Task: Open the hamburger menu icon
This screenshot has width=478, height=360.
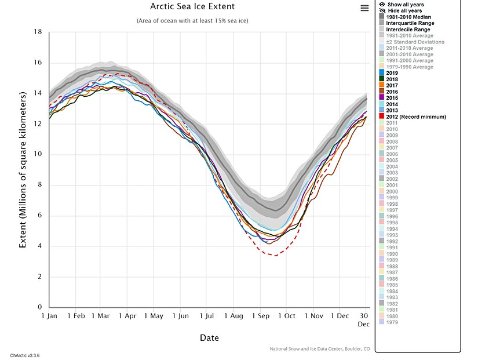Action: pyautogui.click(x=364, y=8)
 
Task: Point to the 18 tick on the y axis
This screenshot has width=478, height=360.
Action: pyautogui.click(x=38, y=32)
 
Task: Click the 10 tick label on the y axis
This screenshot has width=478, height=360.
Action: pyautogui.click(x=38, y=154)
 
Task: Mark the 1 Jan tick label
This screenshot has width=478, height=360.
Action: pyautogui.click(x=49, y=316)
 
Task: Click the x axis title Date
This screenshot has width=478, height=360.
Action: pyautogui.click(x=209, y=338)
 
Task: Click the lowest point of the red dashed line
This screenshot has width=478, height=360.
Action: pyautogui.click(x=274, y=255)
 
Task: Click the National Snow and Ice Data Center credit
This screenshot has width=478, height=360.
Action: pyautogui.click(x=319, y=348)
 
